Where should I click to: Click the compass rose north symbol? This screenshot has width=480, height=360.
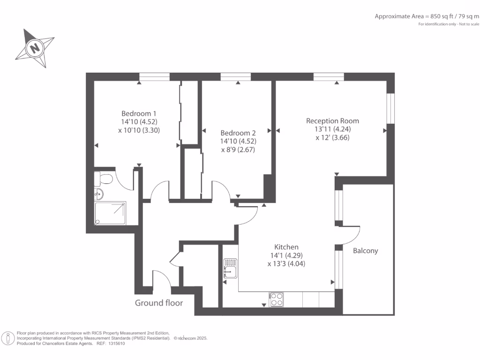click(34, 47)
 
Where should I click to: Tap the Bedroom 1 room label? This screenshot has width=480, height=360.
click(139, 113)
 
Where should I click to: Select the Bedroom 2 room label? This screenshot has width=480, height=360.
click(238, 133)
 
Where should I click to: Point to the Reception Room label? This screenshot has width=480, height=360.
click(332, 120)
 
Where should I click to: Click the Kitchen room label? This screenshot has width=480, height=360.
click(286, 247)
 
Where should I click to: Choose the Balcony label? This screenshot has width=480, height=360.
click(365, 251)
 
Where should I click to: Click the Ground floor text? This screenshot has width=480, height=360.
click(159, 303)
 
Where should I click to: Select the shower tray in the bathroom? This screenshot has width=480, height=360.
click(111, 213)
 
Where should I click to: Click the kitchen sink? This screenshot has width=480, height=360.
click(230, 268)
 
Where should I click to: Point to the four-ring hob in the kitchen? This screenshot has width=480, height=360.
click(277, 299)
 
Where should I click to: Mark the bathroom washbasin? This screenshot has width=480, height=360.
click(98, 194)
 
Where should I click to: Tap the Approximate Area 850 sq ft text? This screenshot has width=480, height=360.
click(427, 16)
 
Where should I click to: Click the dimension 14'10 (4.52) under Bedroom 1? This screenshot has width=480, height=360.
click(139, 122)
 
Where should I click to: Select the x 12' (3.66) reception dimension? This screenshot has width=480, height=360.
click(332, 138)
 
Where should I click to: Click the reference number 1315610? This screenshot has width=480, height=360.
click(116, 343)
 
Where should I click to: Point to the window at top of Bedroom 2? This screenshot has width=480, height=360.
click(236, 77)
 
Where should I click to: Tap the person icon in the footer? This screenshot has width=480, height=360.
click(8, 337)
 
